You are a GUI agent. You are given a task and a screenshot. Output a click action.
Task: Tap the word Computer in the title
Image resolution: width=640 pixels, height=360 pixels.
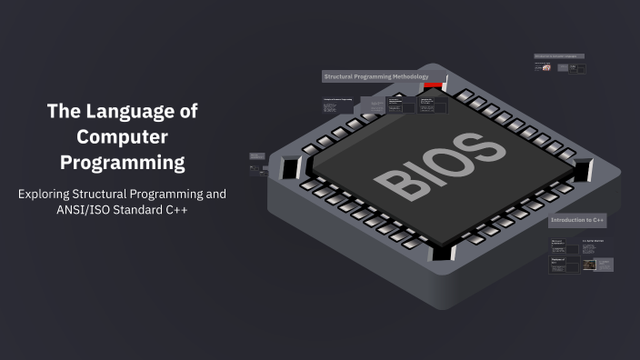[x=122, y=137]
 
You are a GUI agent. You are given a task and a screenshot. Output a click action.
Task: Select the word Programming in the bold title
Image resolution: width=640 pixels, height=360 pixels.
[x=122, y=164]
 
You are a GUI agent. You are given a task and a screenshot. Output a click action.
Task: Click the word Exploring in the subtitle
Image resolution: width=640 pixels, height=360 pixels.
[x=47, y=194]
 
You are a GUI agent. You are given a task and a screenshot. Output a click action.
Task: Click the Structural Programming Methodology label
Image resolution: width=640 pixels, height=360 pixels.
[x=375, y=77]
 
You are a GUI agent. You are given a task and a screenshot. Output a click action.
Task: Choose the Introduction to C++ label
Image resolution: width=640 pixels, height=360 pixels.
[x=576, y=220]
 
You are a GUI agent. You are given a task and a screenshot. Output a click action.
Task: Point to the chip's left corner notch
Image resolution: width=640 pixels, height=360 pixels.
[x=291, y=167]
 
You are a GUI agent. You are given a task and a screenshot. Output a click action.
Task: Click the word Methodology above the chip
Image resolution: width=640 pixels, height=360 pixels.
[x=410, y=77]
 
